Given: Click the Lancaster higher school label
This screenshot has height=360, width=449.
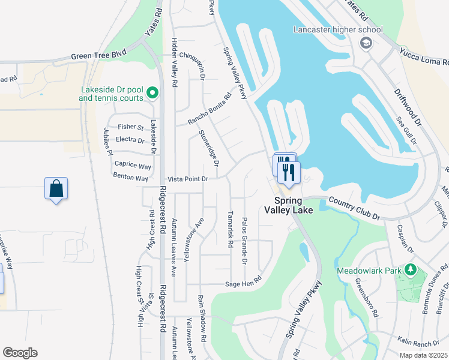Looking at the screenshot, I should [x=337, y=29].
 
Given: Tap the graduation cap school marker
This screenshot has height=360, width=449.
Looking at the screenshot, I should [x=366, y=43].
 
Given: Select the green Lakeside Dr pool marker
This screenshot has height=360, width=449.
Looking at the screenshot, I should [x=152, y=93].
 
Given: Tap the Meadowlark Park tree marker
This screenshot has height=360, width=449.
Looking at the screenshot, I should [x=411, y=270].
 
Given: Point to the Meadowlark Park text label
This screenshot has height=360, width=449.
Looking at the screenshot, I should [x=368, y=271].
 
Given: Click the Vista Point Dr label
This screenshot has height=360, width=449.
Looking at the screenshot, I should [x=187, y=179].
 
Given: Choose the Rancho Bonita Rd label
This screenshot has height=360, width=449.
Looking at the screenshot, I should [x=209, y=109].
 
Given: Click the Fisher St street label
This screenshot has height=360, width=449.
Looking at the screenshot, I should [x=130, y=127].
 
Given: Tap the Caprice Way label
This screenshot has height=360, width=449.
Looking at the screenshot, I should [x=133, y=166].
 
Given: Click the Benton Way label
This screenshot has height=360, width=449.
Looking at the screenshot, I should [x=130, y=178].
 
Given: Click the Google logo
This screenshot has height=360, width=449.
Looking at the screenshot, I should [x=20, y=352].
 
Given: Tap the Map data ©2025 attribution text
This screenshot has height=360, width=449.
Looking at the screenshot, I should [x=424, y=355].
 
